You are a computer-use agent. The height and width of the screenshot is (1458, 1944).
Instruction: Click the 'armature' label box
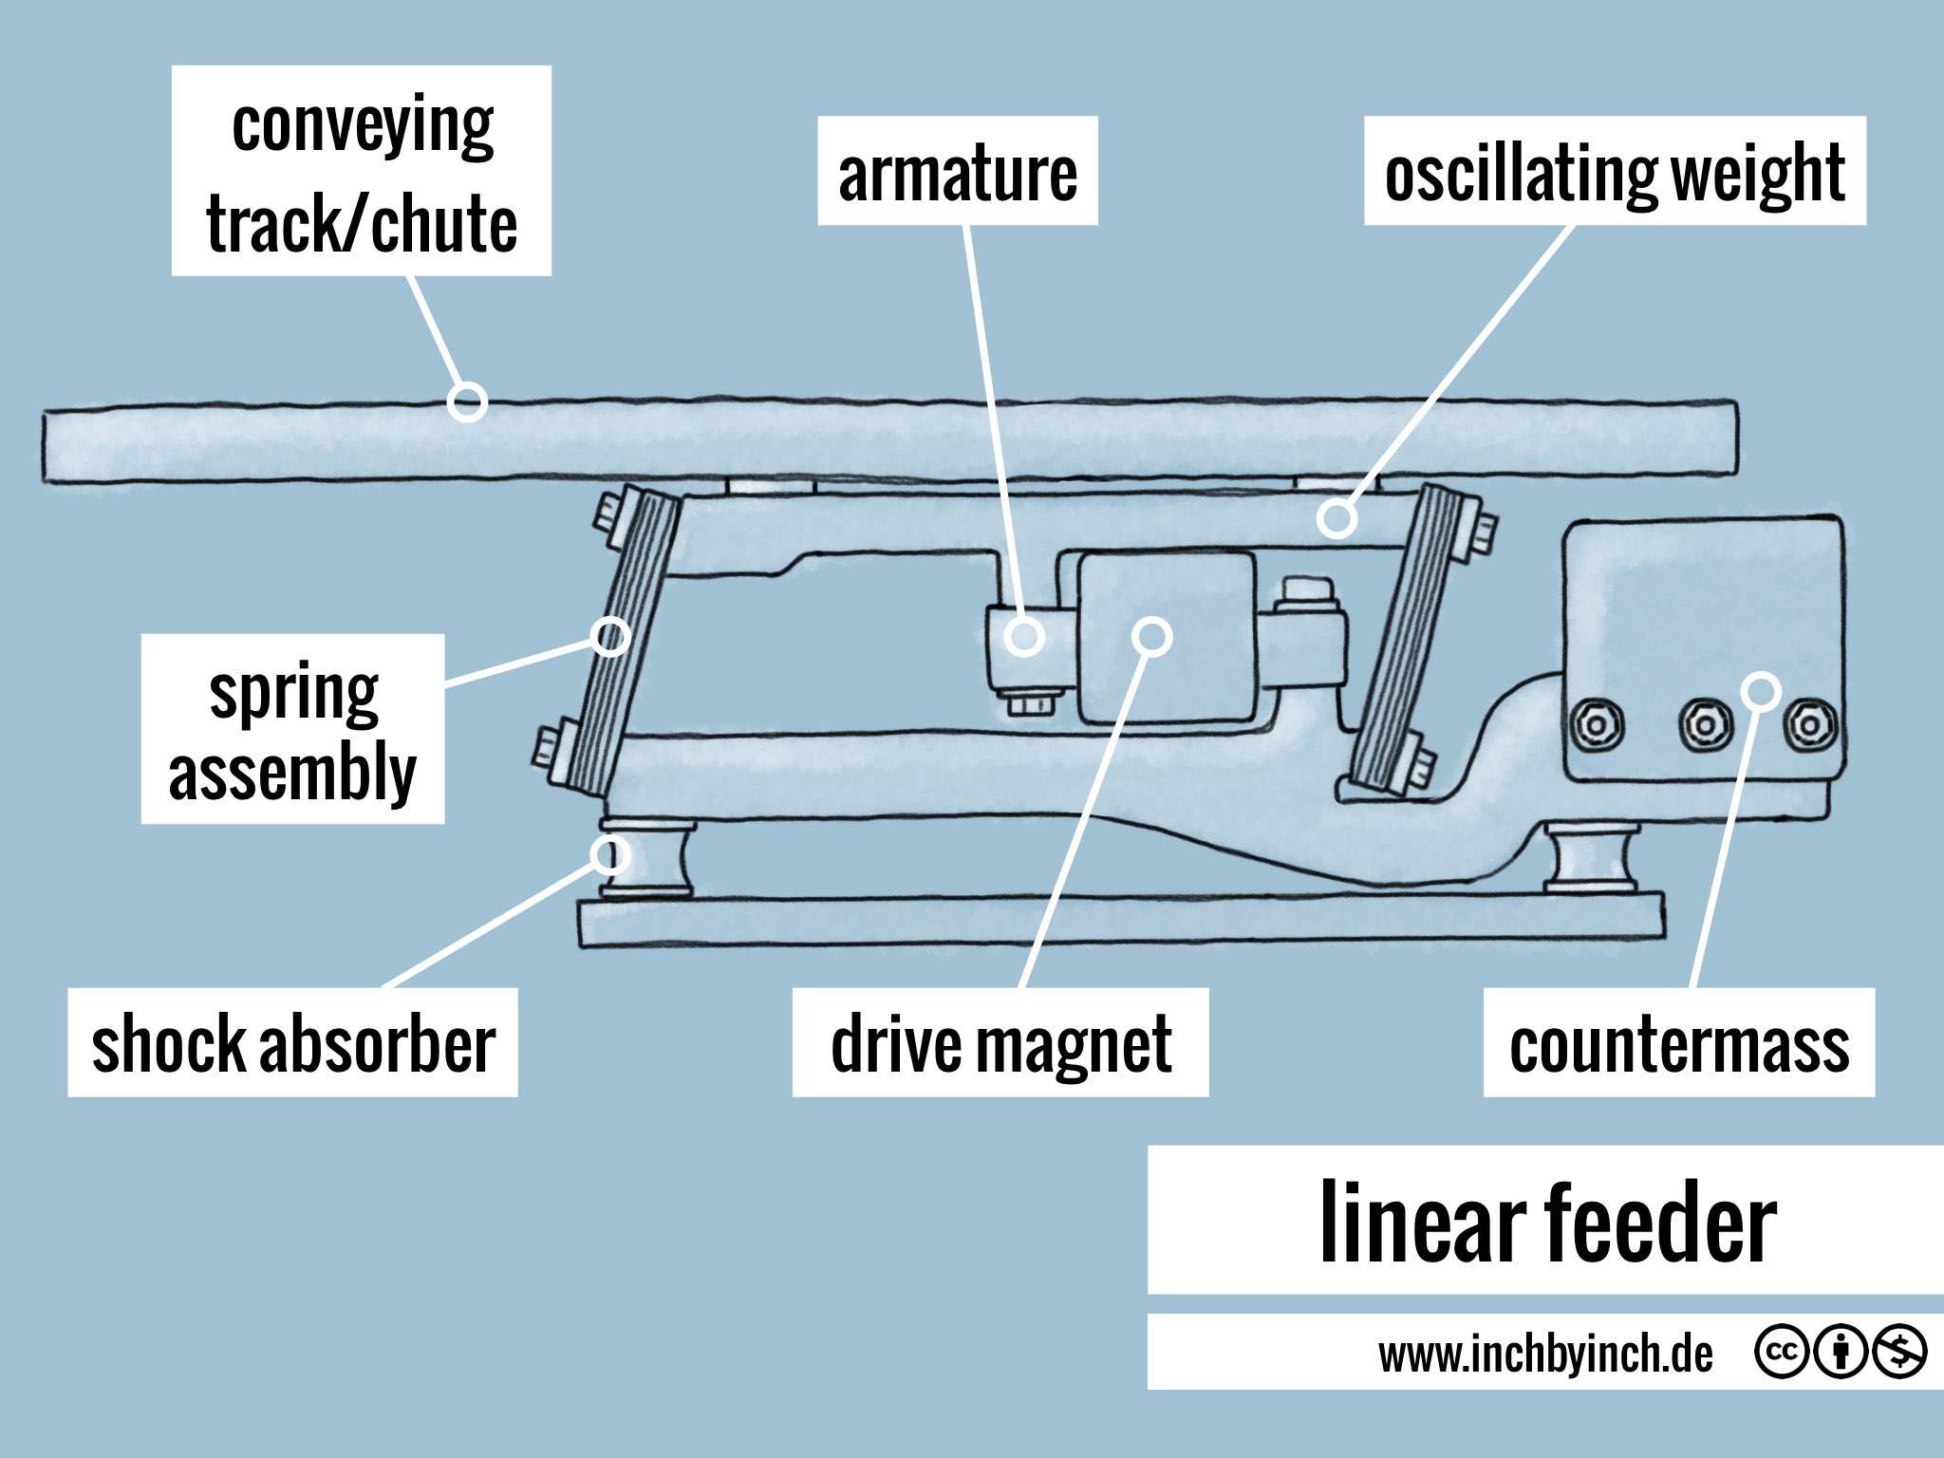(x=957, y=172)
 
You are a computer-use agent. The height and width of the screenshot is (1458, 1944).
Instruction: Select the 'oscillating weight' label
(x=1614, y=172)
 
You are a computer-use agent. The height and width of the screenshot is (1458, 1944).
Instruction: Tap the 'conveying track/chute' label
(x=361, y=172)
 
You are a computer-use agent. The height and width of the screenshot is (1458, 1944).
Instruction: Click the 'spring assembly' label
(x=292, y=729)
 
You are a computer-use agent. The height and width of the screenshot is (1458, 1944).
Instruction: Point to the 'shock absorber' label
(x=292, y=1043)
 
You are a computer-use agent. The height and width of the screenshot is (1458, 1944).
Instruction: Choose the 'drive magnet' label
(x=1000, y=1043)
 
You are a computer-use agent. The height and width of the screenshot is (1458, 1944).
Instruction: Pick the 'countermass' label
(x=1678, y=1043)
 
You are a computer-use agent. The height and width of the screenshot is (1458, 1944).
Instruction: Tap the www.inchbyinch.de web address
(x=1545, y=1354)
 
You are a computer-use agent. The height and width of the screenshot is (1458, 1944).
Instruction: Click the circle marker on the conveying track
(x=467, y=402)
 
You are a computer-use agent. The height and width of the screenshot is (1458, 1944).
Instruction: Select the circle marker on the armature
(x=1024, y=636)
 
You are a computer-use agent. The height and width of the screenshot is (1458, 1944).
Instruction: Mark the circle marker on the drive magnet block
(x=1152, y=636)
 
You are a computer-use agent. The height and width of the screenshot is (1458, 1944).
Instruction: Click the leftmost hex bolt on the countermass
(x=1598, y=726)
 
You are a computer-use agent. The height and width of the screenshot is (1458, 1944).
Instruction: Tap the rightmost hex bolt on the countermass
(x=1810, y=726)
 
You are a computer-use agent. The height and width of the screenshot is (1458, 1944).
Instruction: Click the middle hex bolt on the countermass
(x=1706, y=726)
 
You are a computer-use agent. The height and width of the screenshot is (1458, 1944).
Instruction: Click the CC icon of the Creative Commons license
(x=1781, y=1352)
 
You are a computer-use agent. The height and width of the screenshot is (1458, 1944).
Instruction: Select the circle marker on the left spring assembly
(x=610, y=636)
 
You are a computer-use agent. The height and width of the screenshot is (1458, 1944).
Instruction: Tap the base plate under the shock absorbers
(x=1120, y=921)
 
